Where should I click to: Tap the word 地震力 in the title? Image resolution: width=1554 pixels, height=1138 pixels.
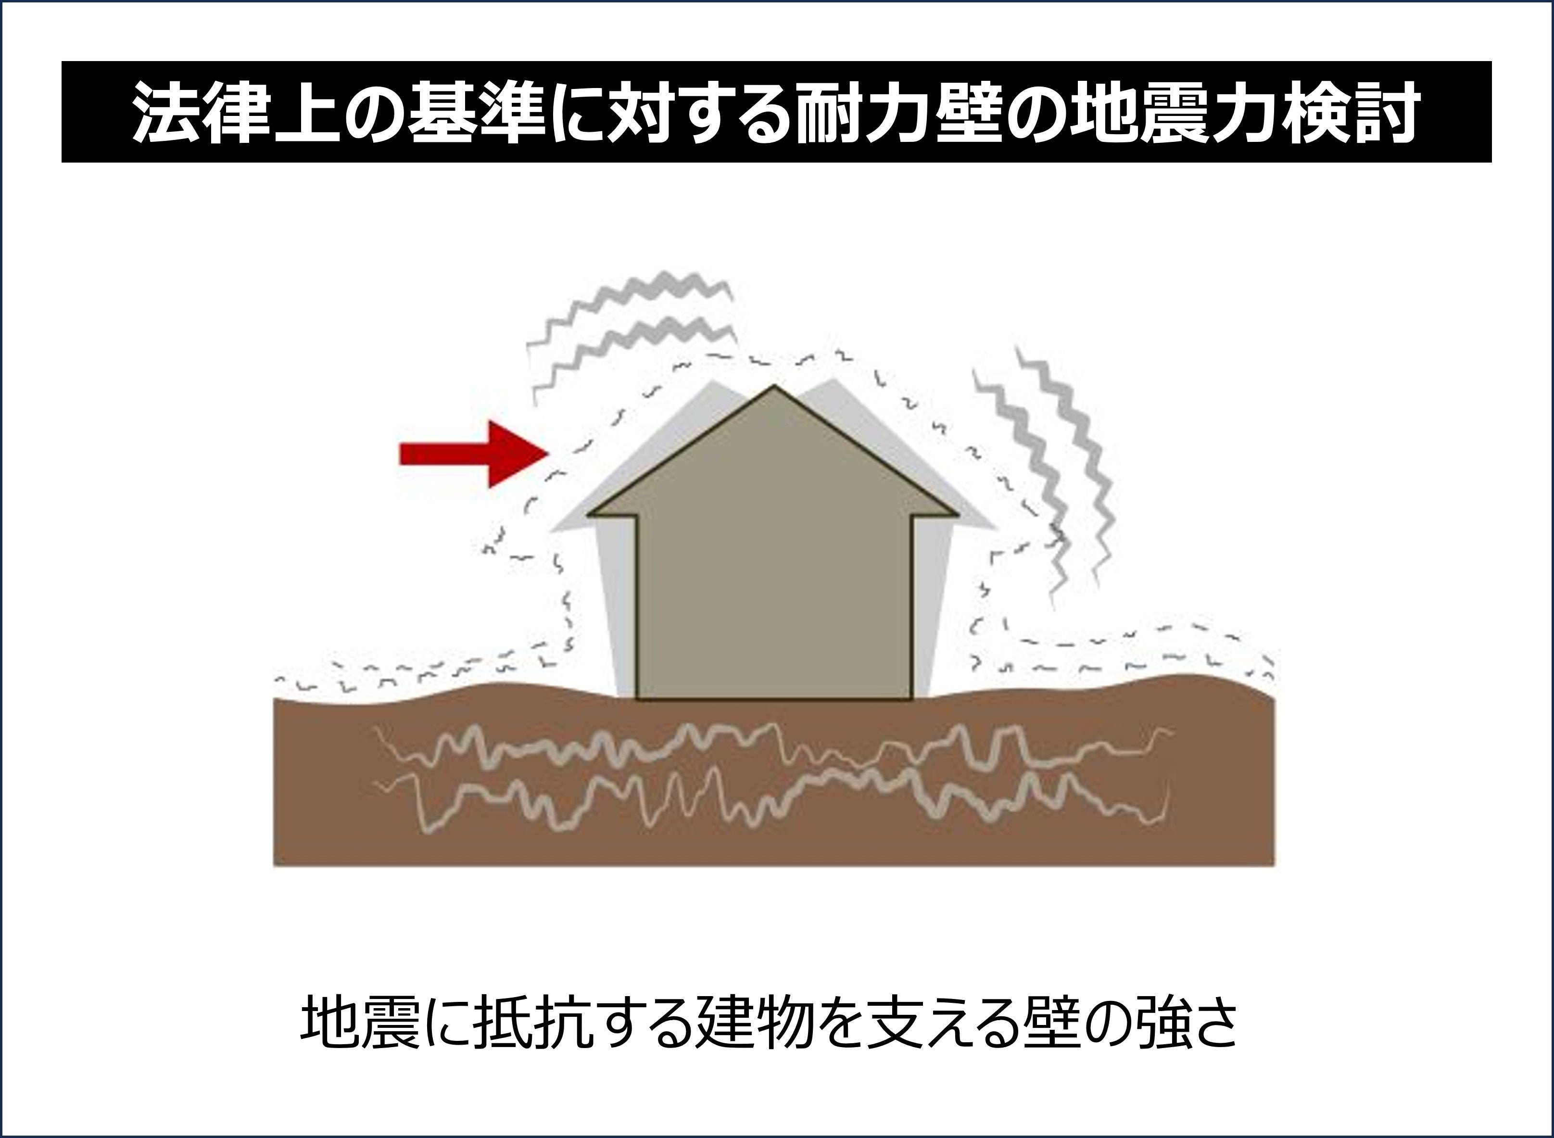point(1178,112)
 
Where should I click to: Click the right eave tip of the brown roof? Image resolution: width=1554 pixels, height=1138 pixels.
point(956,514)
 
